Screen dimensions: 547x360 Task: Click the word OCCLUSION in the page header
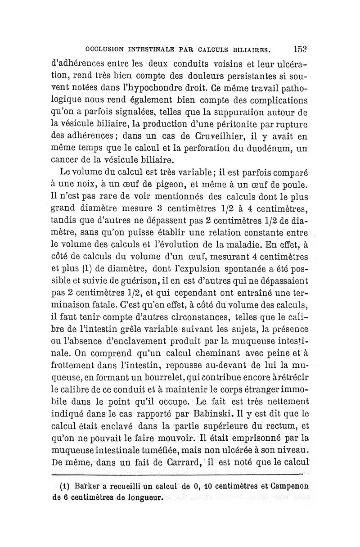(x=99, y=50)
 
